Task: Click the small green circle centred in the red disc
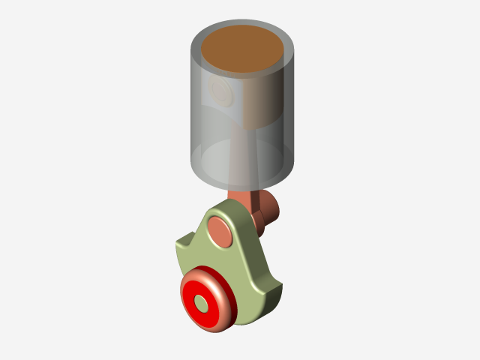202,301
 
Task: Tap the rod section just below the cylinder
240,197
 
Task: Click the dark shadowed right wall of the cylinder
286,112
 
